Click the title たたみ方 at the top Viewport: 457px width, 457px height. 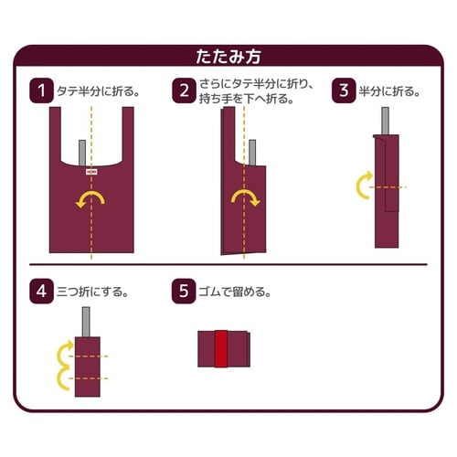click(x=228, y=55)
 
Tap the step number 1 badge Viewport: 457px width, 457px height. click(x=41, y=90)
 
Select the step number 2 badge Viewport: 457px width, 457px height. click(x=185, y=90)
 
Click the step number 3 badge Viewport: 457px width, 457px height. click(x=344, y=90)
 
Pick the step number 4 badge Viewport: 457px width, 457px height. click(x=41, y=292)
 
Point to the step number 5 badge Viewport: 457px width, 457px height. click(x=185, y=292)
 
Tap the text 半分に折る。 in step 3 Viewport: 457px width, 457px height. click(x=390, y=91)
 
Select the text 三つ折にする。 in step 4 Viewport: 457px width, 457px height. click(x=92, y=293)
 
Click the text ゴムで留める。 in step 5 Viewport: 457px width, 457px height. click(x=236, y=293)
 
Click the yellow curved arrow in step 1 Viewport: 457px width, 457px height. click(x=91, y=199)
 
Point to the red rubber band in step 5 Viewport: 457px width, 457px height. click(x=219, y=348)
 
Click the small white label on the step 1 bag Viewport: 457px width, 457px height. click(x=91, y=170)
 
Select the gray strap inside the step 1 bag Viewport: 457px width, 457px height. click(x=82, y=153)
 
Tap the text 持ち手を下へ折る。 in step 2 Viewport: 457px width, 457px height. click(x=248, y=99)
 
